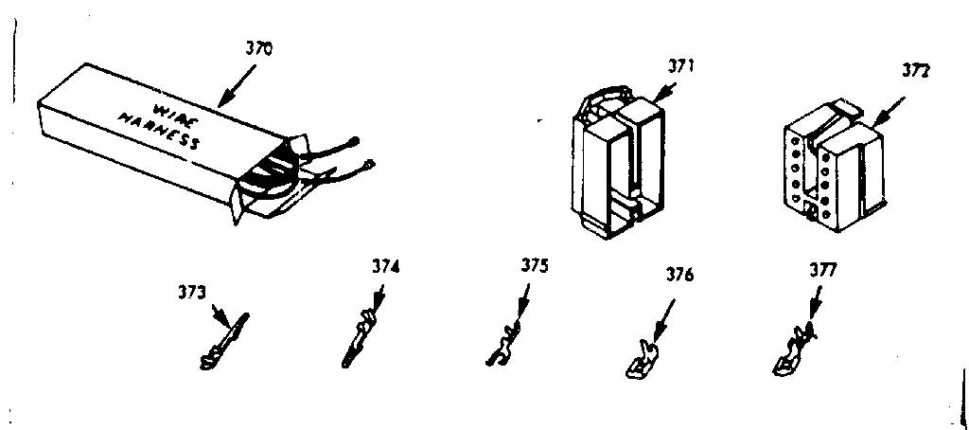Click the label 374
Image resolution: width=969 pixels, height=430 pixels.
pos(384,268)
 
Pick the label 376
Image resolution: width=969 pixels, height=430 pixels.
pos(679,277)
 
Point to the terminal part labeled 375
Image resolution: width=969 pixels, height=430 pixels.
pos(504,343)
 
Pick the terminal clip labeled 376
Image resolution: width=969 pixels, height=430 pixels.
pos(641,360)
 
